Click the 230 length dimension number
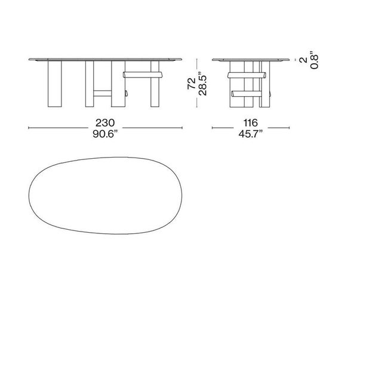pos(105,123)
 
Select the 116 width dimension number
pos(251,123)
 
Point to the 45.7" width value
pos(251,134)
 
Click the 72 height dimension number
pos(192,84)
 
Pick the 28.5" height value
pos(202,84)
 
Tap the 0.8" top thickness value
pos(314,61)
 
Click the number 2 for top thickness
pos(304,60)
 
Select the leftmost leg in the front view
pos(54,84)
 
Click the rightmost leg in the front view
pos(155,84)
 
